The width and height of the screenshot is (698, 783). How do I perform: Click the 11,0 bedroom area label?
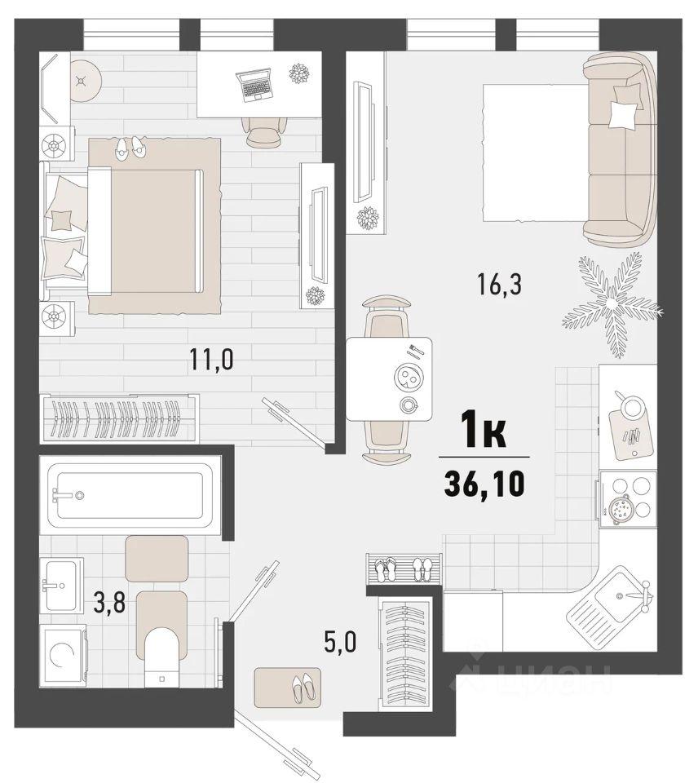point(211,359)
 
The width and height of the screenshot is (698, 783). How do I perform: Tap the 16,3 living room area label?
point(499,285)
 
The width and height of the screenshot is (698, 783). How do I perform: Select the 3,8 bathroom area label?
point(109,604)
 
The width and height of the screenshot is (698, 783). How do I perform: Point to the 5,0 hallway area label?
point(340,642)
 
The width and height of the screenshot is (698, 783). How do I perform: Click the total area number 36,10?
point(484,484)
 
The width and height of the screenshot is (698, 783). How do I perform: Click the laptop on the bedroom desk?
point(254,85)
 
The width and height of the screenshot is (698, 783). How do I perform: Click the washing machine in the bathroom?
point(64,655)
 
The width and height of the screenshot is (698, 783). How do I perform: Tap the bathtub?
point(130,495)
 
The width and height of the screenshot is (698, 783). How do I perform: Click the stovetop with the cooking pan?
point(628,499)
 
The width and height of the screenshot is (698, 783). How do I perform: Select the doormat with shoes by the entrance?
point(288,688)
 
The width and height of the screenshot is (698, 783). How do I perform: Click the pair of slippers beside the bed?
point(130,148)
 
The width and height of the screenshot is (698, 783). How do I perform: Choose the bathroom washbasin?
point(61,584)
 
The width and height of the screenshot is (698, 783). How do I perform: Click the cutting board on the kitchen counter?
point(630,430)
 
